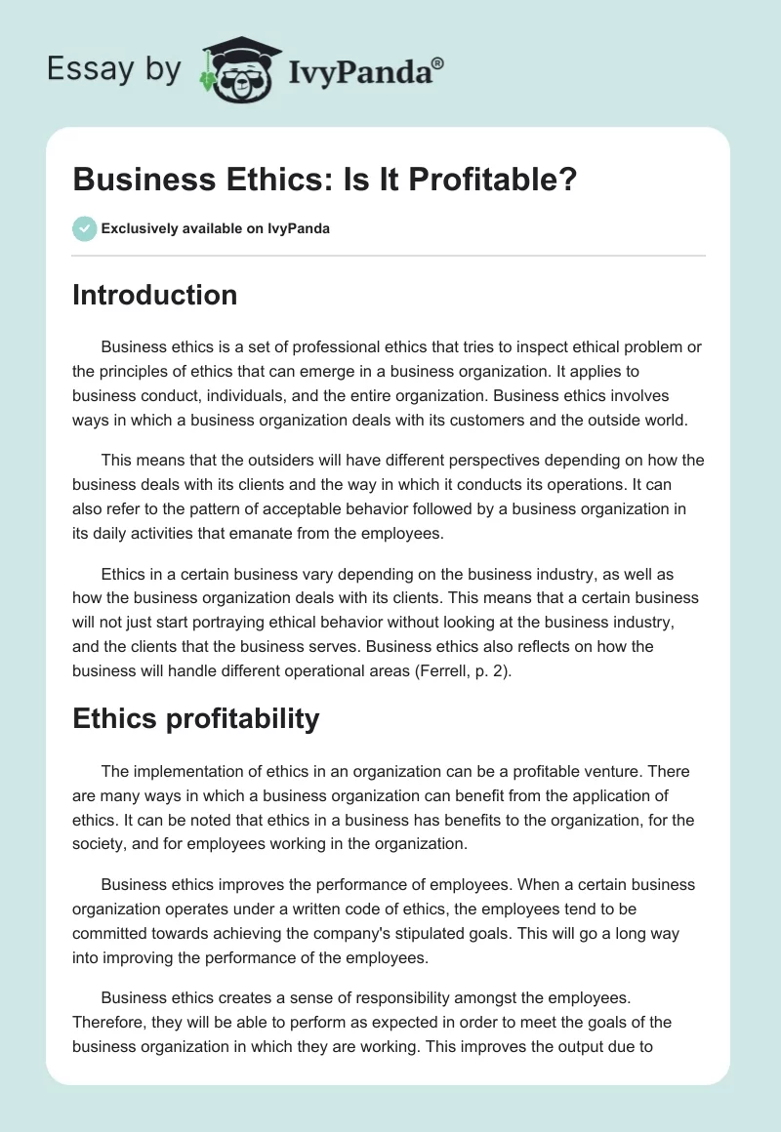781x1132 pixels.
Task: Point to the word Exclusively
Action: click(x=139, y=230)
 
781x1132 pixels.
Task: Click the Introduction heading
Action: click(x=154, y=295)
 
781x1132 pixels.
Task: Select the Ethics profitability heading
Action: click(x=195, y=719)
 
